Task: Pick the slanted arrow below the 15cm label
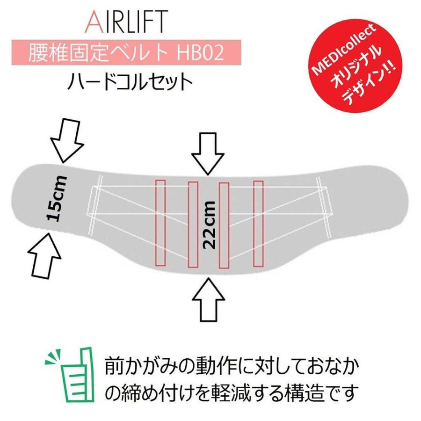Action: [45, 255]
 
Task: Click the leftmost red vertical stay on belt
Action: [161, 223]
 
